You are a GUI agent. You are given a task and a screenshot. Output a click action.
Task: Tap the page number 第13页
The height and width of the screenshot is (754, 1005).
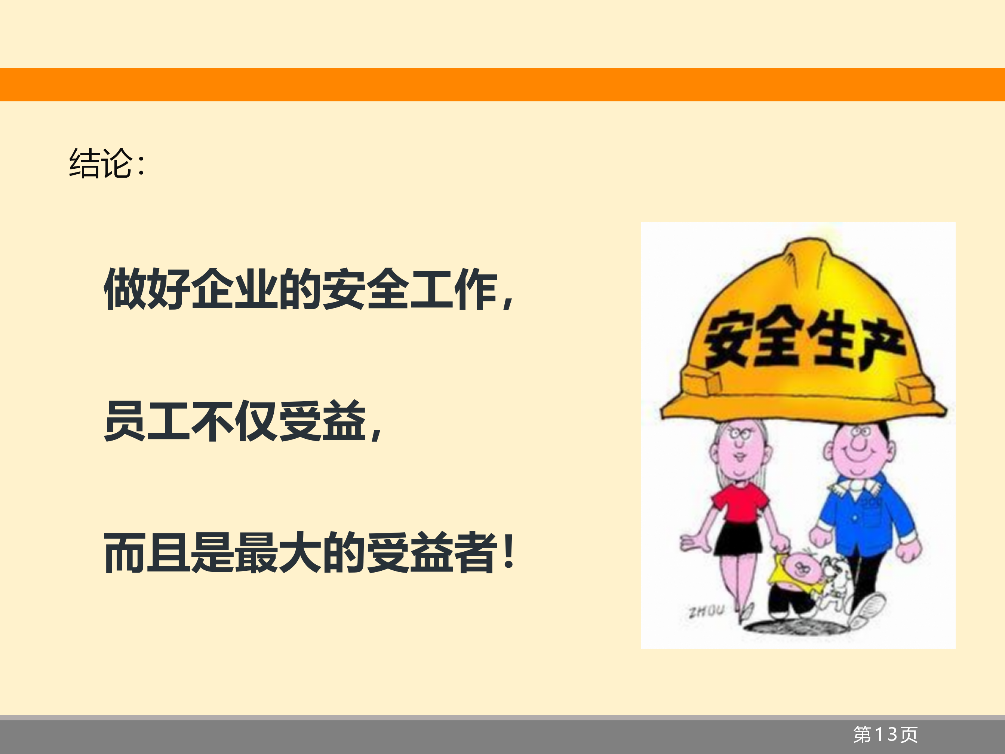tap(885, 735)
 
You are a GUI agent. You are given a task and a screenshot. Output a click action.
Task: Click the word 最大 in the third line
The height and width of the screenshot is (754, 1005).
tap(279, 552)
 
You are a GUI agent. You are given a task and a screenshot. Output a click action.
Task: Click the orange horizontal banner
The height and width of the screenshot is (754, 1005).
tap(502, 85)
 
